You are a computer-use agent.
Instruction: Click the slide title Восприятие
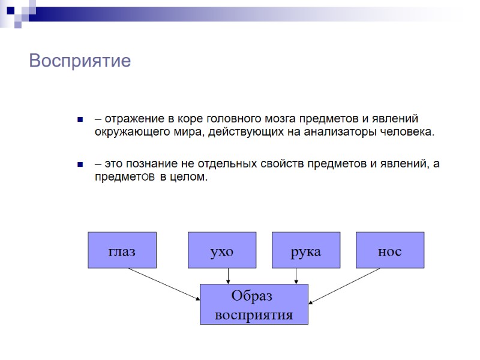pyautogui.click(x=80, y=61)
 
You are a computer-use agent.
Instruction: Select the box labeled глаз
pyautogui.click(x=122, y=250)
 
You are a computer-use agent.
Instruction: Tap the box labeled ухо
pyautogui.click(x=221, y=250)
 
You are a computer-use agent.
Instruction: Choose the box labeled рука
pyautogui.click(x=305, y=250)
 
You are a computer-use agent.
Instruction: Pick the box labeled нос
pyautogui.click(x=389, y=250)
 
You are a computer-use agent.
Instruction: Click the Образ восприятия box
pyautogui.click(x=254, y=305)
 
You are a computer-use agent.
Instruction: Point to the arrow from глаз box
pyautogui.click(x=163, y=283)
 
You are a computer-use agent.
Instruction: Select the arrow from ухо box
pyautogui.click(x=228, y=276)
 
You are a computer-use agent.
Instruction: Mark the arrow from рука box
pyautogui.click(x=296, y=276)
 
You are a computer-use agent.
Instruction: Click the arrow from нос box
pyautogui.click(x=345, y=285)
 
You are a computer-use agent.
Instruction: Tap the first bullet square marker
pyautogui.click(x=79, y=119)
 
